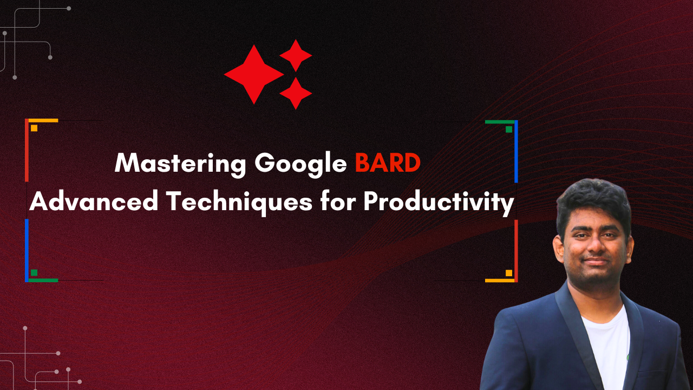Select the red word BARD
click(x=388, y=162)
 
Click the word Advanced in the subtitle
click(x=94, y=201)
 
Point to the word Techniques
click(x=239, y=203)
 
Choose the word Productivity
click(x=439, y=203)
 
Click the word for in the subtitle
click(x=338, y=201)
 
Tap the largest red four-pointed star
click(x=254, y=74)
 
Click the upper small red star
click(x=296, y=55)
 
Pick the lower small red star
click(x=296, y=93)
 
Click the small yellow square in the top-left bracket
click(x=34, y=128)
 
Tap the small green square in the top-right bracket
click(x=508, y=129)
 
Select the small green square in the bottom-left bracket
click(x=34, y=272)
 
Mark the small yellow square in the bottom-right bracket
click(x=508, y=273)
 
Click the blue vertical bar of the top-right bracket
click(x=516, y=151)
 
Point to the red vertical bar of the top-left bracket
click(x=27, y=150)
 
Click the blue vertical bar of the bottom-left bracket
click(x=27, y=250)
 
